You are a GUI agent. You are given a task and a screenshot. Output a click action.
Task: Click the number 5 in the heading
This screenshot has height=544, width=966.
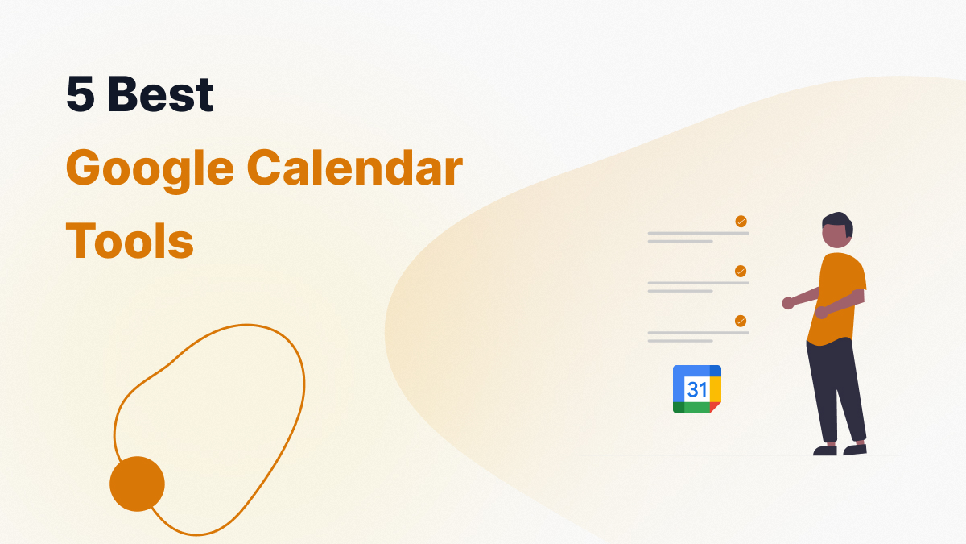click(80, 93)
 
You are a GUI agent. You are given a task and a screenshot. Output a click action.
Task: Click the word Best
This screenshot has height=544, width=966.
click(160, 93)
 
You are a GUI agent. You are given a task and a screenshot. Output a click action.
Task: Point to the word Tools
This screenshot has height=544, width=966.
click(130, 240)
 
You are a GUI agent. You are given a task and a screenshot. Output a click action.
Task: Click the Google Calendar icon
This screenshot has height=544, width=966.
click(697, 389)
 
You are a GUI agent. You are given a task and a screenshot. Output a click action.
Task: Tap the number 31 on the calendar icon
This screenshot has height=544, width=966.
click(697, 389)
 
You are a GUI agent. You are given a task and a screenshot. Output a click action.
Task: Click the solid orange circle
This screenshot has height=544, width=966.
click(137, 484)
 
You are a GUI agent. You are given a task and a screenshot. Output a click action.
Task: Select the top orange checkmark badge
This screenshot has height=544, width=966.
click(741, 222)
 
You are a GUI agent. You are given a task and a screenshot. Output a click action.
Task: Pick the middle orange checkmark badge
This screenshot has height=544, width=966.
click(741, 271)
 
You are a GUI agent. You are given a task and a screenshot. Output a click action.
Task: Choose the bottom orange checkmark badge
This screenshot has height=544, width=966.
click(741, 322)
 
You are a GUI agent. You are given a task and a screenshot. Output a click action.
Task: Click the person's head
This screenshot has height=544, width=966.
click(836, 230)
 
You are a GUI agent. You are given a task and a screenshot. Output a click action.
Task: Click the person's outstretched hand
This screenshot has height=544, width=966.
click(788, 303)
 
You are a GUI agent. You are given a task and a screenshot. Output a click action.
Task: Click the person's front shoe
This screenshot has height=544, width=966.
click(824, 451)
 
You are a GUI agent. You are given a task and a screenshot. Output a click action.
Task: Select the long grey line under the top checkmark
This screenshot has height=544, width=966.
click(698, 233)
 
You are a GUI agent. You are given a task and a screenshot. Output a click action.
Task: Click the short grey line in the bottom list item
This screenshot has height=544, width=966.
click(680, 341)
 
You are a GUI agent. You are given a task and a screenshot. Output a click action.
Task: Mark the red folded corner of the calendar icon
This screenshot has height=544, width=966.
click(714, 406)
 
